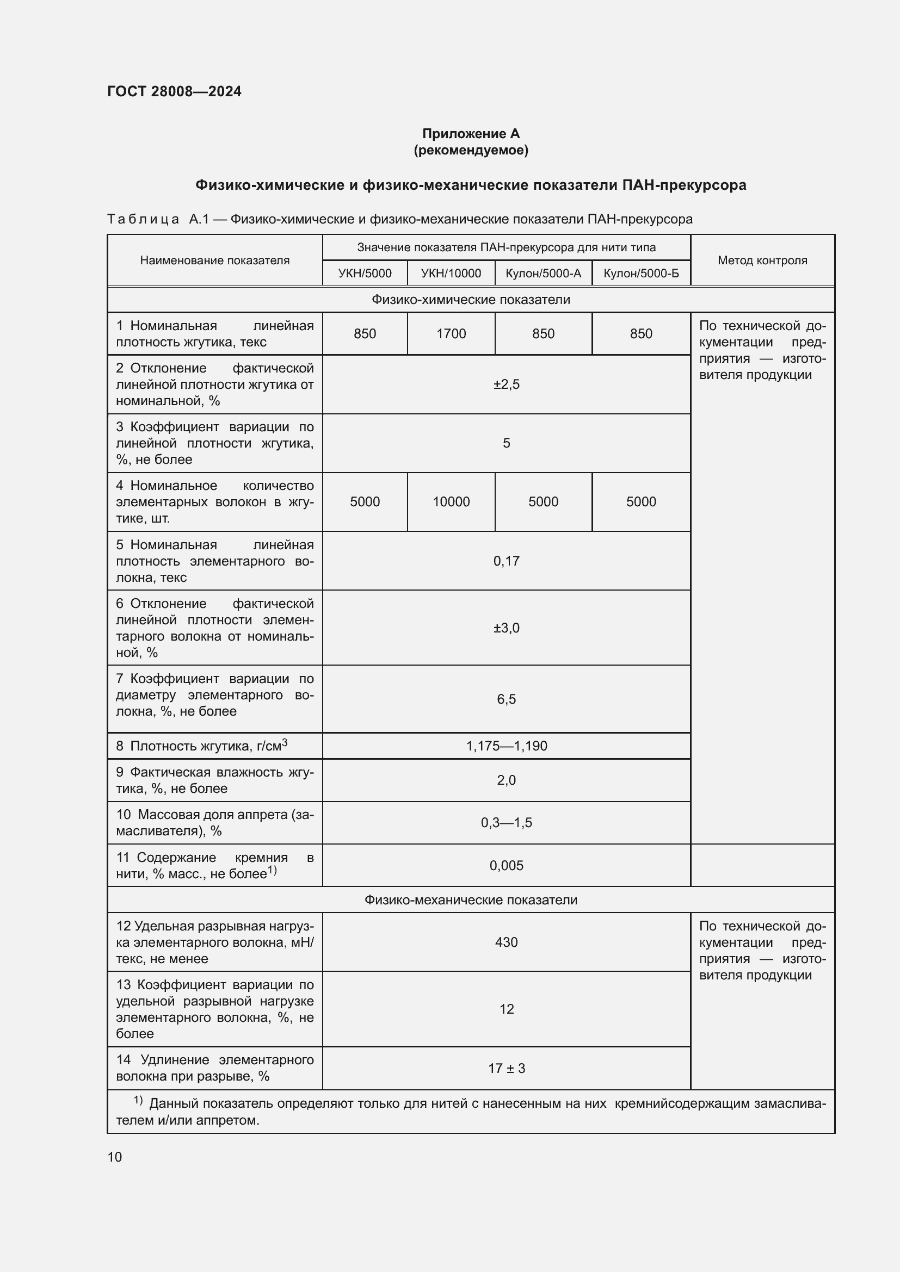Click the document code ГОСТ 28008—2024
coord(174,91)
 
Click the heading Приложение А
coord(471,134)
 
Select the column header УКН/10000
coord(451,273)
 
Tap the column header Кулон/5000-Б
coord(640,273)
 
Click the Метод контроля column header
coord(762,260)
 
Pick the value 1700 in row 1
coord(451,333)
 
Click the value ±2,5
coord(506,384)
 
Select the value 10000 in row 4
coord(451,502)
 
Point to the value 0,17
coord(506,561)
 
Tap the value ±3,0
coord(506,628)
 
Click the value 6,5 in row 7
coord(506,699)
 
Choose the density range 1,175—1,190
coord(506,746)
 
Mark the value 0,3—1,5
coord(506,823)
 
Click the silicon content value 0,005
coord(506,865)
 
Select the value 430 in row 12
coord(506,942)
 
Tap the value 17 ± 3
coord(506,1068)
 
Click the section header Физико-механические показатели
coord(471,899)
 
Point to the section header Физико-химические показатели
coord(471,300)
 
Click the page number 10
coord(115,1157)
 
